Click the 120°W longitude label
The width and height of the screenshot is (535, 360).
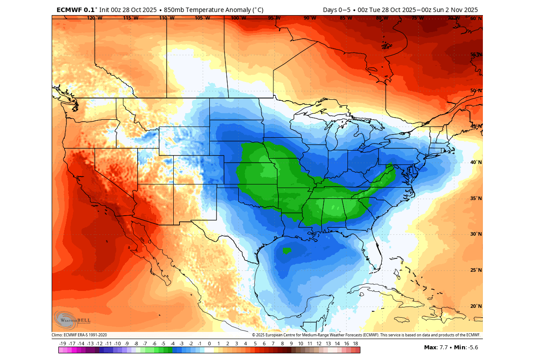click(x=94, y=18)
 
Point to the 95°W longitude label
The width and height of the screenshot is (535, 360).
click(x=274, y=18)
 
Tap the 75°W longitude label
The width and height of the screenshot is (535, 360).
click(x=417, y=18)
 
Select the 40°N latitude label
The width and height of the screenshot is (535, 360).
click(x=476, y=163)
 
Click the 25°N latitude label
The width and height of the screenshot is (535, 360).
click(x=476, y=270)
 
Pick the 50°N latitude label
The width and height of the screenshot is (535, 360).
click(x=476, y=90)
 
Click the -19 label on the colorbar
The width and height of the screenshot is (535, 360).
click(x=63, y=344)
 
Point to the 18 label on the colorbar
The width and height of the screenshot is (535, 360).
click(x=355, y=344)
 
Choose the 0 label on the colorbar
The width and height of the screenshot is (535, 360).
click(x=209, y=344)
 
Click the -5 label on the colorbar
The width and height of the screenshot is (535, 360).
click(x=163, y=344)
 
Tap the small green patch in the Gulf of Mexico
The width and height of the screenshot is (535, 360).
click(x=286, y=250)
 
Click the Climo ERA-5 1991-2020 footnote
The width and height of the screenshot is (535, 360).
click(x=79, y=335)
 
